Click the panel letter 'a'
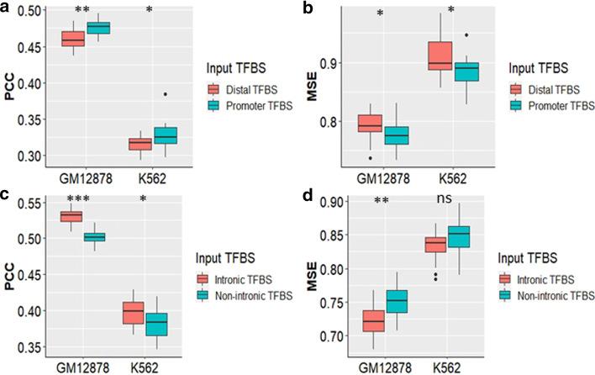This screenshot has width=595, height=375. (x=7, y=8)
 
